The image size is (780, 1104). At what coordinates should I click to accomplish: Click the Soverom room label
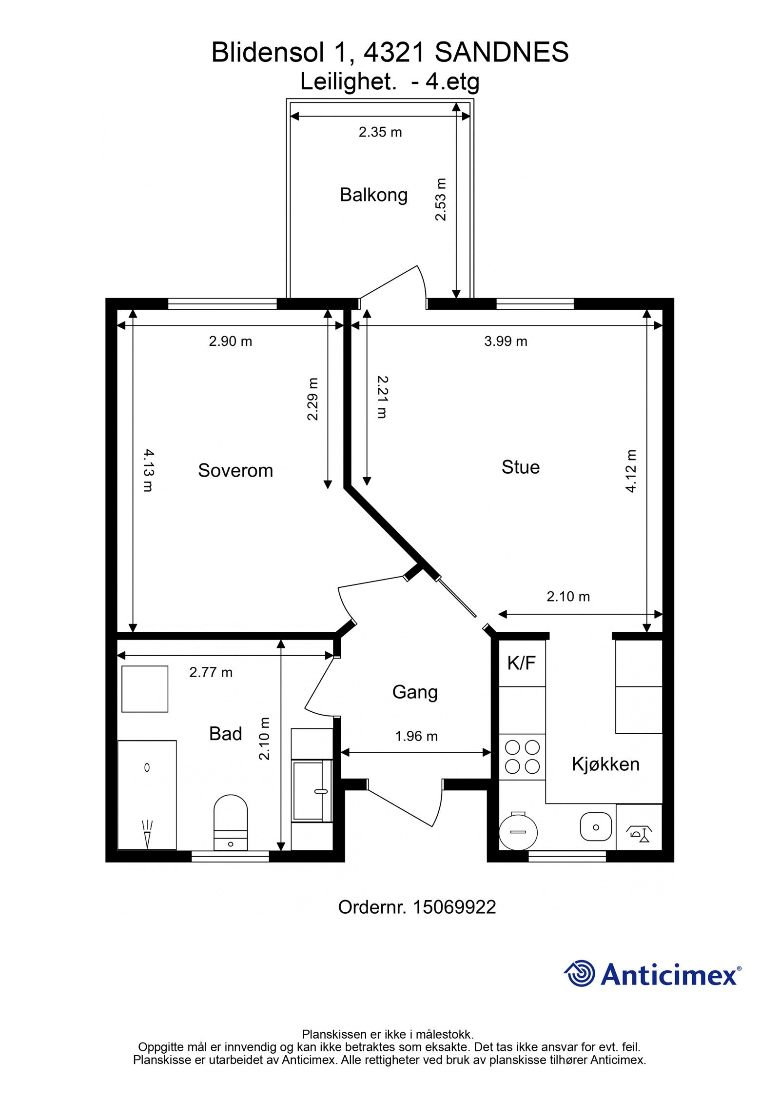(x=235, y=470)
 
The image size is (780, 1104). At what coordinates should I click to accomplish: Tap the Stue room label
(x=521, y=467)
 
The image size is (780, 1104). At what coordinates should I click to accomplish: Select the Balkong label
(x=373, y=195)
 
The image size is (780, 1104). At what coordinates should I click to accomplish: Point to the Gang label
(x=415, y=692)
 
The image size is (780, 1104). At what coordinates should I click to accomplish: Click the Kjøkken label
(x=605, y=764)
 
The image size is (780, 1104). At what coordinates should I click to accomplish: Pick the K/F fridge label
(x=521, y=663)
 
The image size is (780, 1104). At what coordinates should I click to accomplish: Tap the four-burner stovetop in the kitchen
(x=522, y=757)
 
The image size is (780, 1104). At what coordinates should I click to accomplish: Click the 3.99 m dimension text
(x=506, y=341)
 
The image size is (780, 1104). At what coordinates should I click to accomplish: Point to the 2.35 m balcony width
(x=380, y=132)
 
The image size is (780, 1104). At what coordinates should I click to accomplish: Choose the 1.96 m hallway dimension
(x=416, y=736)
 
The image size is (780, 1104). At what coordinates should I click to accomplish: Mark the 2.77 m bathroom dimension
(x=211, y=672)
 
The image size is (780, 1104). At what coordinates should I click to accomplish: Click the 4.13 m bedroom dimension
(x=148, y=470)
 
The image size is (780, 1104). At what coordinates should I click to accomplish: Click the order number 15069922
(x=454, y=907)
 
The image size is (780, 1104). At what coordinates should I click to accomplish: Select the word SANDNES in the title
(x=502, y=52)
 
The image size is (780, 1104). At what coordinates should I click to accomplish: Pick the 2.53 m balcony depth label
(x=441, y=200)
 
